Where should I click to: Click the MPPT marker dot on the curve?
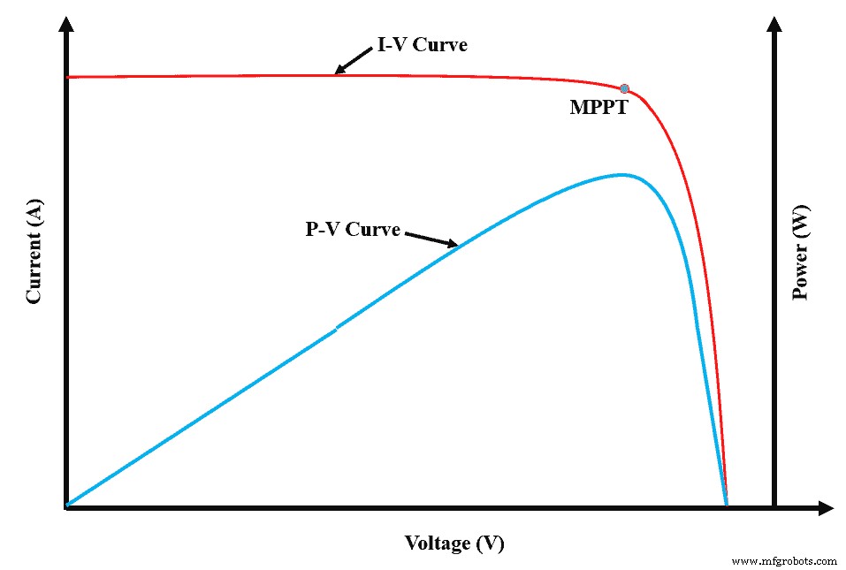pos(624,88)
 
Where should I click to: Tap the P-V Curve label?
pos(353,230)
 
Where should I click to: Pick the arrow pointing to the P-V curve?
pos(431,239)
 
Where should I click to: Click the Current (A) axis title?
pos(34,252)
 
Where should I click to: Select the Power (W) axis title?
pos(801,257)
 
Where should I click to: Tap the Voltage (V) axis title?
pos(454,543)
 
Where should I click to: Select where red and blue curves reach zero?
pos(726,504)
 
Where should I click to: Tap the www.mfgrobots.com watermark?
pos(785,561)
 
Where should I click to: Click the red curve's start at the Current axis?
pos(70,78)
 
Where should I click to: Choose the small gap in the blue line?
pos(336,329)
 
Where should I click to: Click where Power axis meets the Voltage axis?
pos(774,507)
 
